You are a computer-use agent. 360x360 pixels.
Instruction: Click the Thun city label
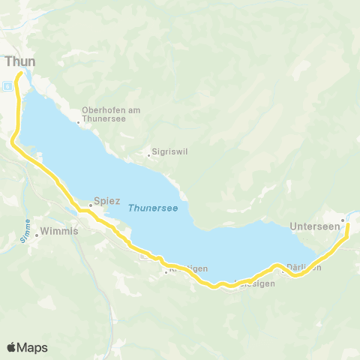click(x=19, y=61)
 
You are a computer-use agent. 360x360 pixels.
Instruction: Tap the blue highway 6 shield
click(x=7, y=85)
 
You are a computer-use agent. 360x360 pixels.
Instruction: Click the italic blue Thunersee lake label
click(x=152, y=208)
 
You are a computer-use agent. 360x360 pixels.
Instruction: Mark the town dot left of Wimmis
click(x=36, y=235)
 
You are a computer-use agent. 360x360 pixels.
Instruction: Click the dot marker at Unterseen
click(x=342, y=220)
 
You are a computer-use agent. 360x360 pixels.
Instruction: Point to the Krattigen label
click(x=187, y=270)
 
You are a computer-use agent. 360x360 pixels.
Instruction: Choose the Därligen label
click(x=304, y=268)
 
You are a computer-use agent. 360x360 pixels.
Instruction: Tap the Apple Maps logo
click(x=27, y=347)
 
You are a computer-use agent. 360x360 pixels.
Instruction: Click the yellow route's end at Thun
click(x=19, y=73)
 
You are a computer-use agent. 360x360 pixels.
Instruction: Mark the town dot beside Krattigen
click(x=166, y=272)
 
